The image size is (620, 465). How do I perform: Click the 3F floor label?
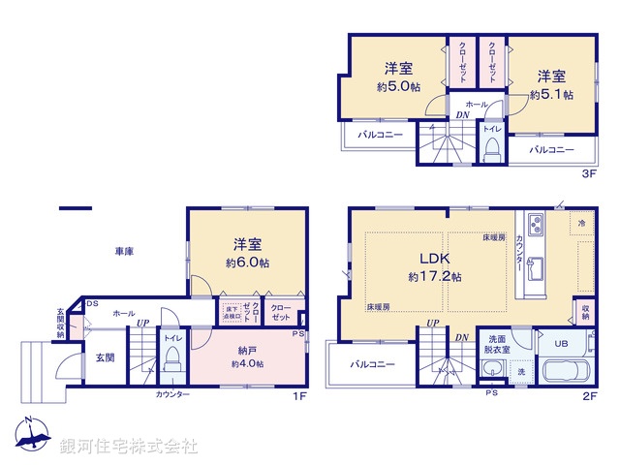[x=588, y=173]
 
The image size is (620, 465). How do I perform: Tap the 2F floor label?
[x=588, y=396]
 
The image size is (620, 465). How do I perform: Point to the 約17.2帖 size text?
[x=434, y=276]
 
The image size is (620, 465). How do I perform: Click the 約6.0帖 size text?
[x=248, y=263]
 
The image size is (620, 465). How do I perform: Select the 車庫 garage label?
[x=124, y=252]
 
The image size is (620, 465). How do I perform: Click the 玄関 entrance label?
[x=105, y=356]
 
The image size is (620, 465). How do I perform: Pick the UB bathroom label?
[x=561, y=344]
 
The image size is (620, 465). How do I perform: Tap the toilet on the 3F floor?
[x=492, y=148]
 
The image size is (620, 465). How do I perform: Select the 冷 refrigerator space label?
[x=581, y=224]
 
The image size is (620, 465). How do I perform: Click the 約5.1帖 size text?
[x=551, y=95]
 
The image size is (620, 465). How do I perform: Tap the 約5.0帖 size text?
[x=399, y=86]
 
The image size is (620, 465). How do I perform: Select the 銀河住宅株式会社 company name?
[x=129, y=447]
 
